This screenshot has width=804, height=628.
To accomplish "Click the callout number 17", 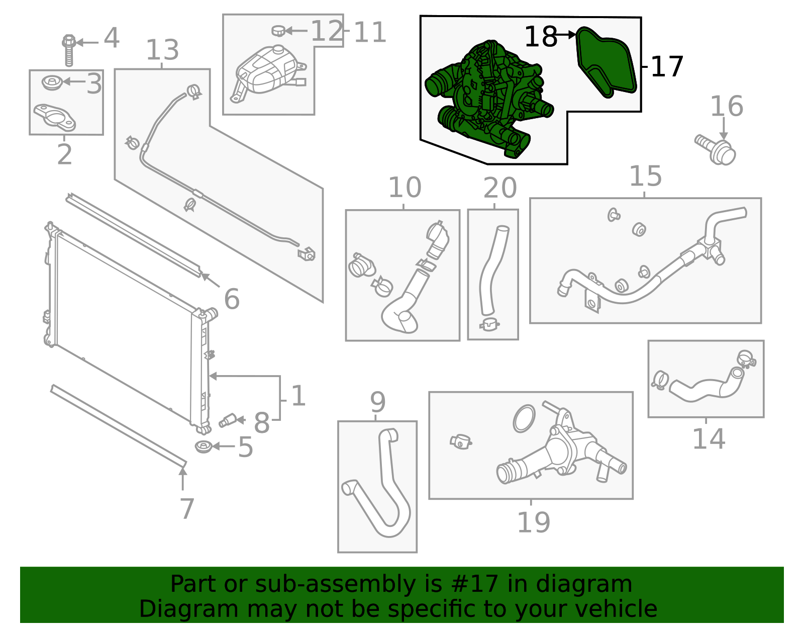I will tap(667, 67).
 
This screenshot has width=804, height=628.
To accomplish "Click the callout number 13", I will tap(162, 50).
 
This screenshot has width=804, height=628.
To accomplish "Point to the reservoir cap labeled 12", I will tap(278, 31).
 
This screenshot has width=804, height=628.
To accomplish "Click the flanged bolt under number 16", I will tap(716, 150).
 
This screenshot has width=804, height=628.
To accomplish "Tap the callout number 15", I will tap(645, 176).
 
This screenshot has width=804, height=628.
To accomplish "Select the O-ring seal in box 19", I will tap(524, 418).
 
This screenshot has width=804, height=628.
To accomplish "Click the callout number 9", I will tap(377, 402).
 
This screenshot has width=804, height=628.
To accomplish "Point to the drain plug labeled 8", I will tap(229, 420).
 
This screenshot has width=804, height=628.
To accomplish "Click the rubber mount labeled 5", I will tap(203, 446).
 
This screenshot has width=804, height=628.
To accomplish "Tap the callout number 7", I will tap(186, 509).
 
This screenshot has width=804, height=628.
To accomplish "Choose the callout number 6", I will tap(232, 299).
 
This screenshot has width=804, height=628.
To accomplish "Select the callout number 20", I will tap(499, 189).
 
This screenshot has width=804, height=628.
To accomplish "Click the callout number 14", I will tap(709, 439).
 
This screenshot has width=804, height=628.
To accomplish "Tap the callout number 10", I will tap(405, 188).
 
